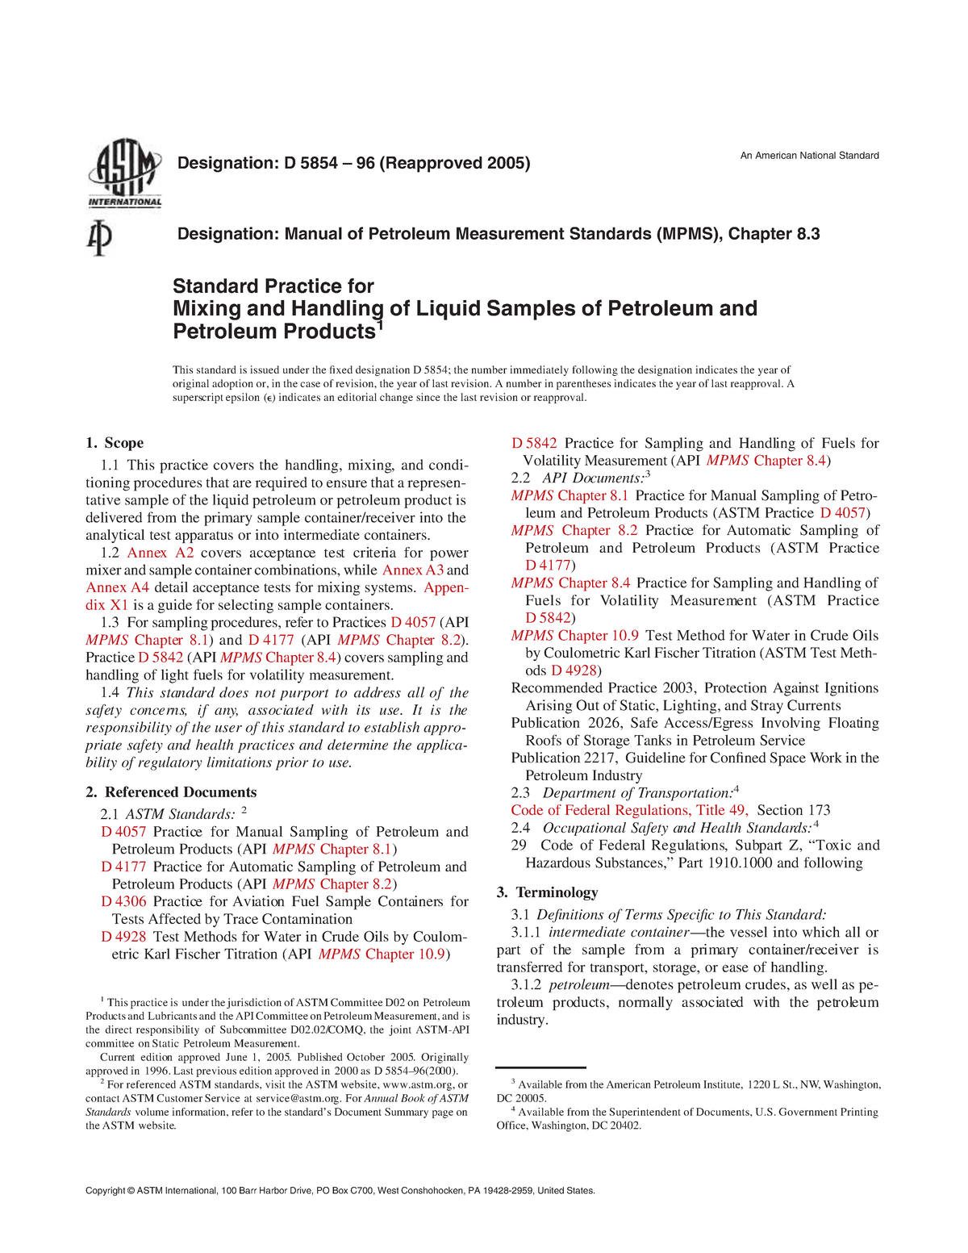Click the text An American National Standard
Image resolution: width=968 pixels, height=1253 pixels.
pyautogui.click(x=809, y=156)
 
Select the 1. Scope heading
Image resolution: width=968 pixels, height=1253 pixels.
pyautogui.click(x=115, y=443)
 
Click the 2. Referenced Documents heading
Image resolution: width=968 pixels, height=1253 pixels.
pyautogui.click(x=171, y=792)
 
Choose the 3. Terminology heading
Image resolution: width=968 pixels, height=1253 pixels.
pyautogui.click(x=547, y=892)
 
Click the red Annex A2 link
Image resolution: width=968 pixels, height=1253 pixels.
pyautogui.click(x=161, y=553)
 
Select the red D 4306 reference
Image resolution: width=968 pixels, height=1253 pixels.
pyautogui.click(x=123, y=901)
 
